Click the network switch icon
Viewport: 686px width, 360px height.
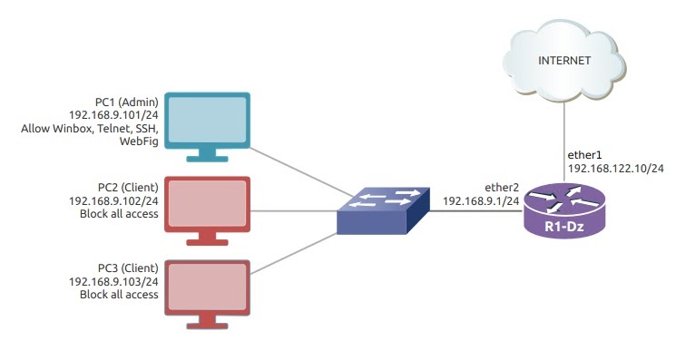(x=381, y=210)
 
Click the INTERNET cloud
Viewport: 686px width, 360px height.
(x=564, y=62)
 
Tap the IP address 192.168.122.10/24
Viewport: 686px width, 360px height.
(x=616, y=169)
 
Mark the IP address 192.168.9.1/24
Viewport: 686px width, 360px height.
(x=481, y=199)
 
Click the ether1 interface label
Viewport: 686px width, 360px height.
(x=584, y=155)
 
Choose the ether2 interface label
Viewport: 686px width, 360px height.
(x=501, y=186)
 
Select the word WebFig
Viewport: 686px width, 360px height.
(x=140, y=142)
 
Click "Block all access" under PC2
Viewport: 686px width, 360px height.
(x=120, y=214)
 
